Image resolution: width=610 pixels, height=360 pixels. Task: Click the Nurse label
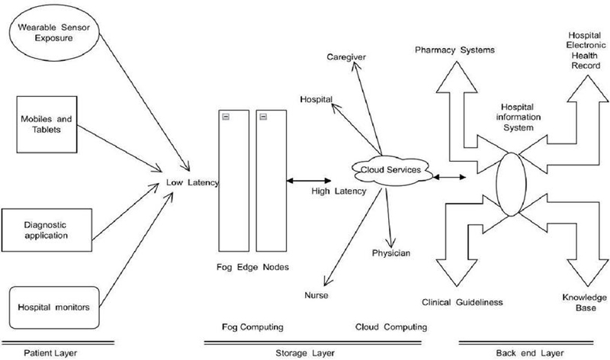pos(313,293)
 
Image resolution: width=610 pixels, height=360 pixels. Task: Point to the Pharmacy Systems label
pos(455,50)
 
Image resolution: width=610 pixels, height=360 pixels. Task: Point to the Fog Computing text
pos(251,326)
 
